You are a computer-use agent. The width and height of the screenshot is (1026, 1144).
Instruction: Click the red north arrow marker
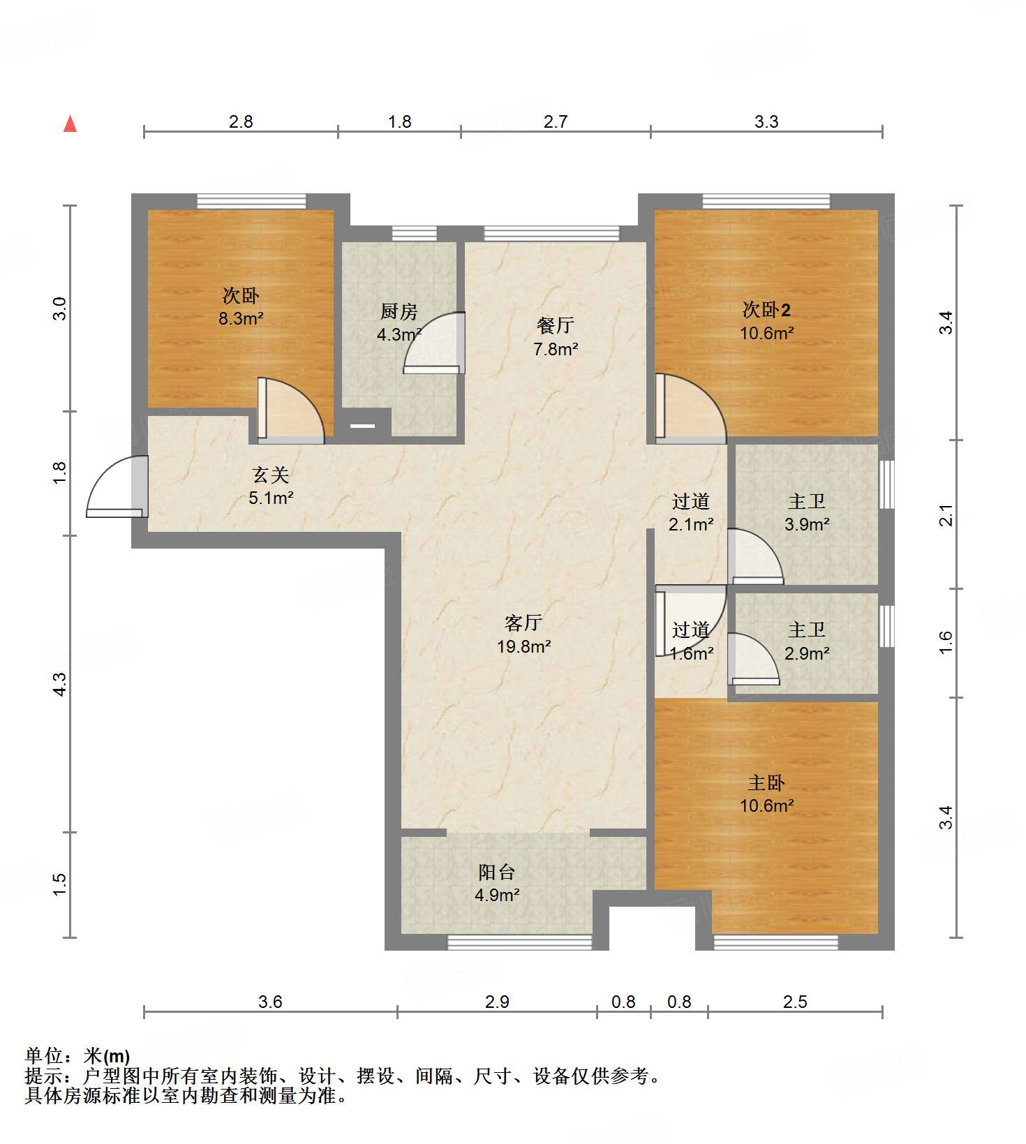click(70, 124)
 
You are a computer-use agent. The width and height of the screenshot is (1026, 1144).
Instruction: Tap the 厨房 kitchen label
click(399, 311)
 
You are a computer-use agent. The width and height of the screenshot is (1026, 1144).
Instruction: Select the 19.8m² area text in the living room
click(524, 646)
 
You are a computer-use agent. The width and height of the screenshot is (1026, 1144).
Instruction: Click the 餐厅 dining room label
click(556, 325)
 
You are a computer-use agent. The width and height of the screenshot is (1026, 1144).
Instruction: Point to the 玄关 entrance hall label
click(270, 475)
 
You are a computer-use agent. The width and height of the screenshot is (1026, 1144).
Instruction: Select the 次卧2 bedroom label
click(766, 309)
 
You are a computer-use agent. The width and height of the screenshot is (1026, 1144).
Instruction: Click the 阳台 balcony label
click(497, 872)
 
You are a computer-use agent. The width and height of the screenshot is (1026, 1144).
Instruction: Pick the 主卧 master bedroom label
click(766, 783)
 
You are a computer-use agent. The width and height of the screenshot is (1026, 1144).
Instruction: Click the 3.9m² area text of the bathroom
click(807, 524)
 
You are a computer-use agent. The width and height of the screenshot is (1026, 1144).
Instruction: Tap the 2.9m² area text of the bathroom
click(807, 653)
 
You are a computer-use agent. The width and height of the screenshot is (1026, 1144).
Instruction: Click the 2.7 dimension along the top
click(556, 121)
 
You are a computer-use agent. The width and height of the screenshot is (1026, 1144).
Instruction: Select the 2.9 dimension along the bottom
click(497, 1002)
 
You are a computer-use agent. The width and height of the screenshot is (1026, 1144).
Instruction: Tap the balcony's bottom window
click(519, 942)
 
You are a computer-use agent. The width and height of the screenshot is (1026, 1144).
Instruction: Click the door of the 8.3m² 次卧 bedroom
click(290, 410)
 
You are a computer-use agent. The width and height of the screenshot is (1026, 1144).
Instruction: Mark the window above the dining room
click(551, 233)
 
